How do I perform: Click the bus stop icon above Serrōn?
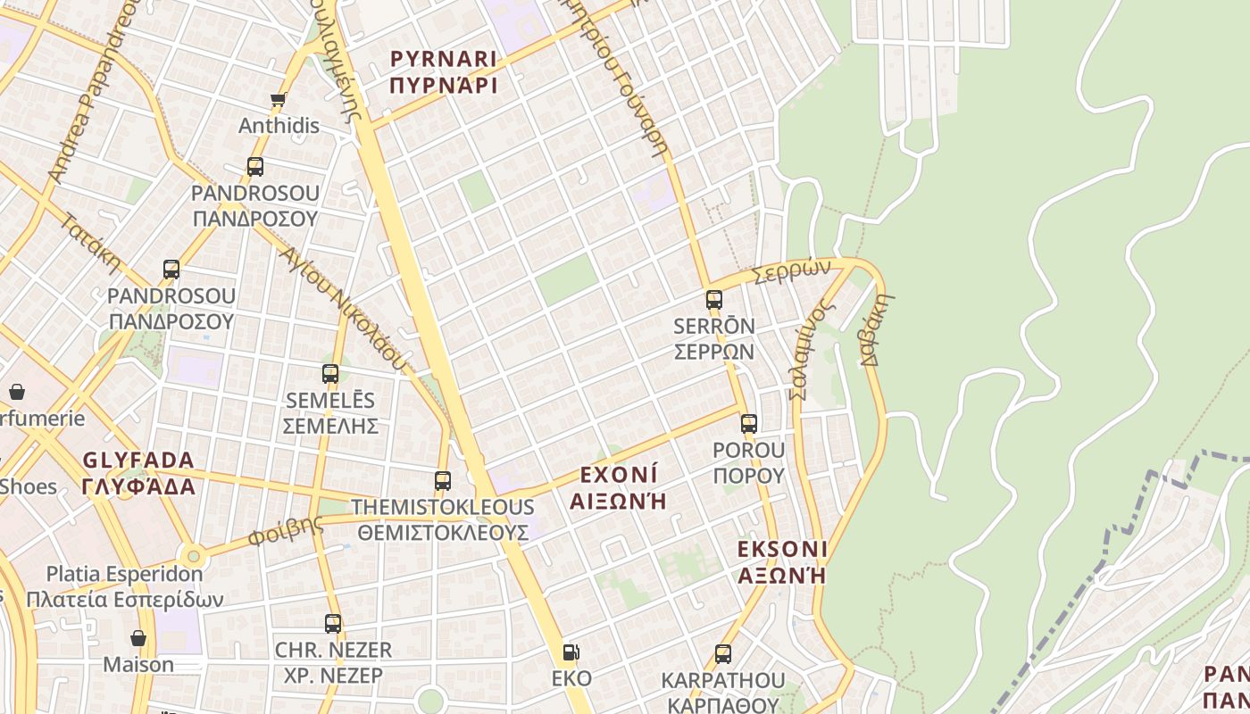pos(714,300)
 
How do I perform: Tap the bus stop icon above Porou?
pos(749,424)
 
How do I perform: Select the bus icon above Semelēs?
pos(330,374)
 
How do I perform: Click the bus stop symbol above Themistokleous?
pos(443,481)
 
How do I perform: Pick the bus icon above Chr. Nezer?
pos(333,624)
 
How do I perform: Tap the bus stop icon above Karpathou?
pos(723,654)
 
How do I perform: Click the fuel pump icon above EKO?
pos(571,652)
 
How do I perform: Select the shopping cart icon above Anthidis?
pos(278,100)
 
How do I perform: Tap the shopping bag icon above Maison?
pos(138,638)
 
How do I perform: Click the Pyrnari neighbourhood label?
pos(444,72)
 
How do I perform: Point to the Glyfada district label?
pos(138,473)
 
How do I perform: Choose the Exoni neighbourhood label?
pos(619,486)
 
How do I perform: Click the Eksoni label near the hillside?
pos(782,561)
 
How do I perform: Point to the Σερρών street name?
pos(793,271)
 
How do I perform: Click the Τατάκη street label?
pos(91,242)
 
